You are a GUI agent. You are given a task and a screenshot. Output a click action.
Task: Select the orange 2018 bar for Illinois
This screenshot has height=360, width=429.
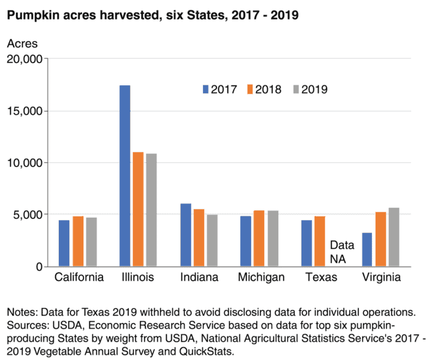tap(138, 209)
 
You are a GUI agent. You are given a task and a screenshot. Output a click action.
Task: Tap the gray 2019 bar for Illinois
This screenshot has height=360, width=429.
tap(151, 210)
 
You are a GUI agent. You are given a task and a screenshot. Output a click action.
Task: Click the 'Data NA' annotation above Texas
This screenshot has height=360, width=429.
tap(338, 251)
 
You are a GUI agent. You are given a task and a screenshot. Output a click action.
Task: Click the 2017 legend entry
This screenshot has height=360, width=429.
tap(220, 90)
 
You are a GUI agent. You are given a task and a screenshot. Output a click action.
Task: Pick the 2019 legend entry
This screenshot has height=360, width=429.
tap(308, 90)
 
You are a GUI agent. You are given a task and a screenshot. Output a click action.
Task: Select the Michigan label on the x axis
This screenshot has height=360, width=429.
tap(261, 278)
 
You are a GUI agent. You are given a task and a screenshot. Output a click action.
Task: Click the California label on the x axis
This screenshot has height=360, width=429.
tap(78, 278)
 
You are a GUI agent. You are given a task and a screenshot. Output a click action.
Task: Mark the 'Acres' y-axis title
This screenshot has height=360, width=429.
tap(22, 44)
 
